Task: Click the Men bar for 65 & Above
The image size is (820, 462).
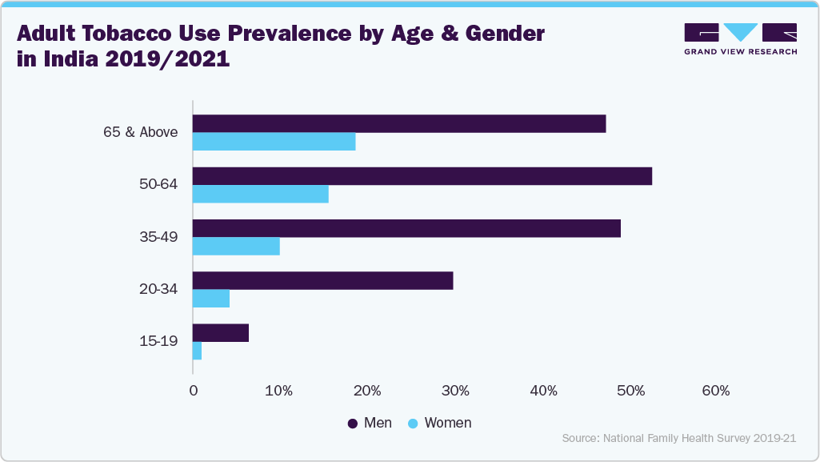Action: point(399,124)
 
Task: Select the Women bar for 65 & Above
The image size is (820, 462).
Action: point(274,142)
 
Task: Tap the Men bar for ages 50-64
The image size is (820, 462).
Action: point(422,176)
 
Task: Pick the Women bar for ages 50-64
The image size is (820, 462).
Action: point(261,194)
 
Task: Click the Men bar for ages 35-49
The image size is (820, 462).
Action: point(406,228)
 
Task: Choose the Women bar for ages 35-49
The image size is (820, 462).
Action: point(237,246)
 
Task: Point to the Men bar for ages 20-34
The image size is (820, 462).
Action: point(323,280)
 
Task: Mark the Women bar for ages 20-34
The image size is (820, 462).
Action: point(211,298)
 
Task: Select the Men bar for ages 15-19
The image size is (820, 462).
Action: point(221,332)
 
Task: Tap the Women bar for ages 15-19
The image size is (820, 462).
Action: point(198,350)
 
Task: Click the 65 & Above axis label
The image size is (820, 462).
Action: point(140,133)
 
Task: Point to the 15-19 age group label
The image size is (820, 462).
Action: point(158,341)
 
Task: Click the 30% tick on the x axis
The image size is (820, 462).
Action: point(454,391)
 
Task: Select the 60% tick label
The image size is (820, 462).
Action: point(715,391)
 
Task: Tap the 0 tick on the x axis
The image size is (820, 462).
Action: point(193,391)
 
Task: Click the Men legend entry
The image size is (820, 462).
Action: point(370,423)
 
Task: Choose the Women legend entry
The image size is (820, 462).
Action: point(439,423)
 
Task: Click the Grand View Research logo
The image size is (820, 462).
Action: point(740,38)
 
